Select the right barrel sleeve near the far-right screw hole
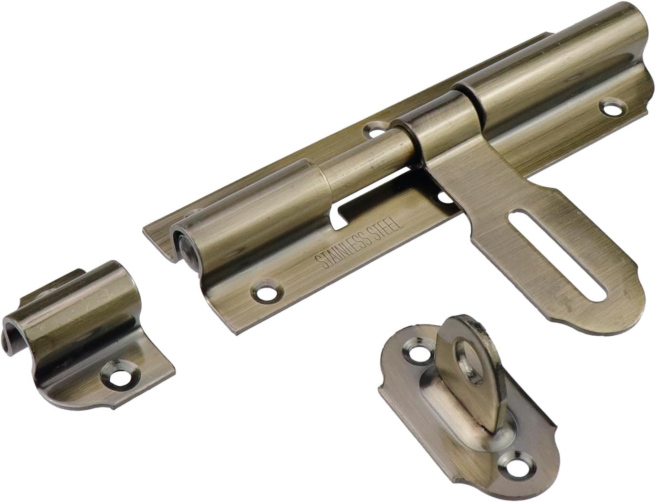coord(549,72)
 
